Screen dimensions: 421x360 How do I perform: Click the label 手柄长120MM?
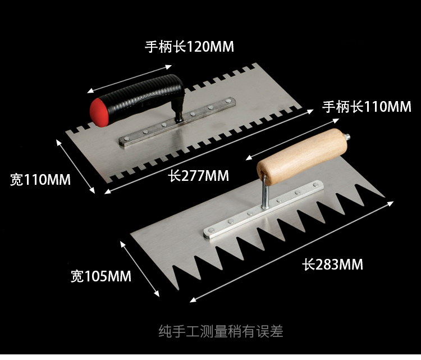189,47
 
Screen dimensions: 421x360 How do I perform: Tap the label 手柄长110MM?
367,106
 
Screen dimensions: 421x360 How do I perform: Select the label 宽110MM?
40,180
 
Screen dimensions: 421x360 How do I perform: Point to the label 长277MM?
199,176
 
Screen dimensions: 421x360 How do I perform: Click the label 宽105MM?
100,276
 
